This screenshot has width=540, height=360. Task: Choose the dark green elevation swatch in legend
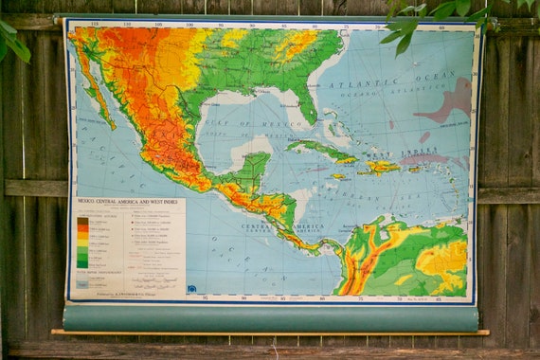[x=82, y=261]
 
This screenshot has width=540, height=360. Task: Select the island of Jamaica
[x=338, y=176]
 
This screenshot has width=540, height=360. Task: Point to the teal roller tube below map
[x=270, y=317]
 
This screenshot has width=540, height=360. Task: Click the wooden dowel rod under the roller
[x=270, y=333]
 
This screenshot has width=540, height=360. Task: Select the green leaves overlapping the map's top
[x=417, y=24]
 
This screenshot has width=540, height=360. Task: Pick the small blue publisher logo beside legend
[x=192, y=288]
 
